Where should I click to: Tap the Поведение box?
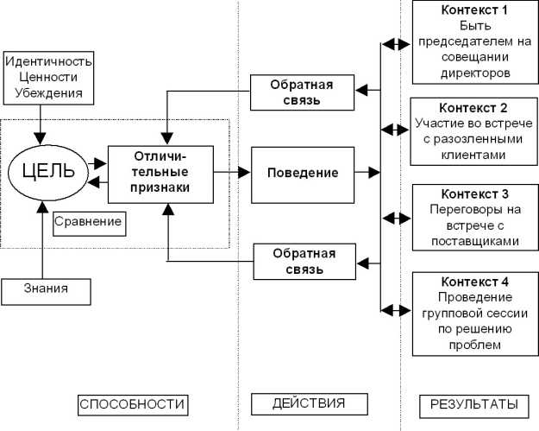coord(302,173)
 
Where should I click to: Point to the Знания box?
coord(47,291)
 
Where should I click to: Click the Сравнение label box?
coord(87,222)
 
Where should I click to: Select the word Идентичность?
coord(48,63)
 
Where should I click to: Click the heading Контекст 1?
coord(474,10)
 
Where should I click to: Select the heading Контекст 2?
coord(474,109)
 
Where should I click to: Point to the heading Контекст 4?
coord(474,282)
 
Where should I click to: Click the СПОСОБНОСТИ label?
coord(132,404)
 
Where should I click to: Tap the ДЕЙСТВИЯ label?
coord(308,403)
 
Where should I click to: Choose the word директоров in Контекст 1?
coord(474,73)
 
